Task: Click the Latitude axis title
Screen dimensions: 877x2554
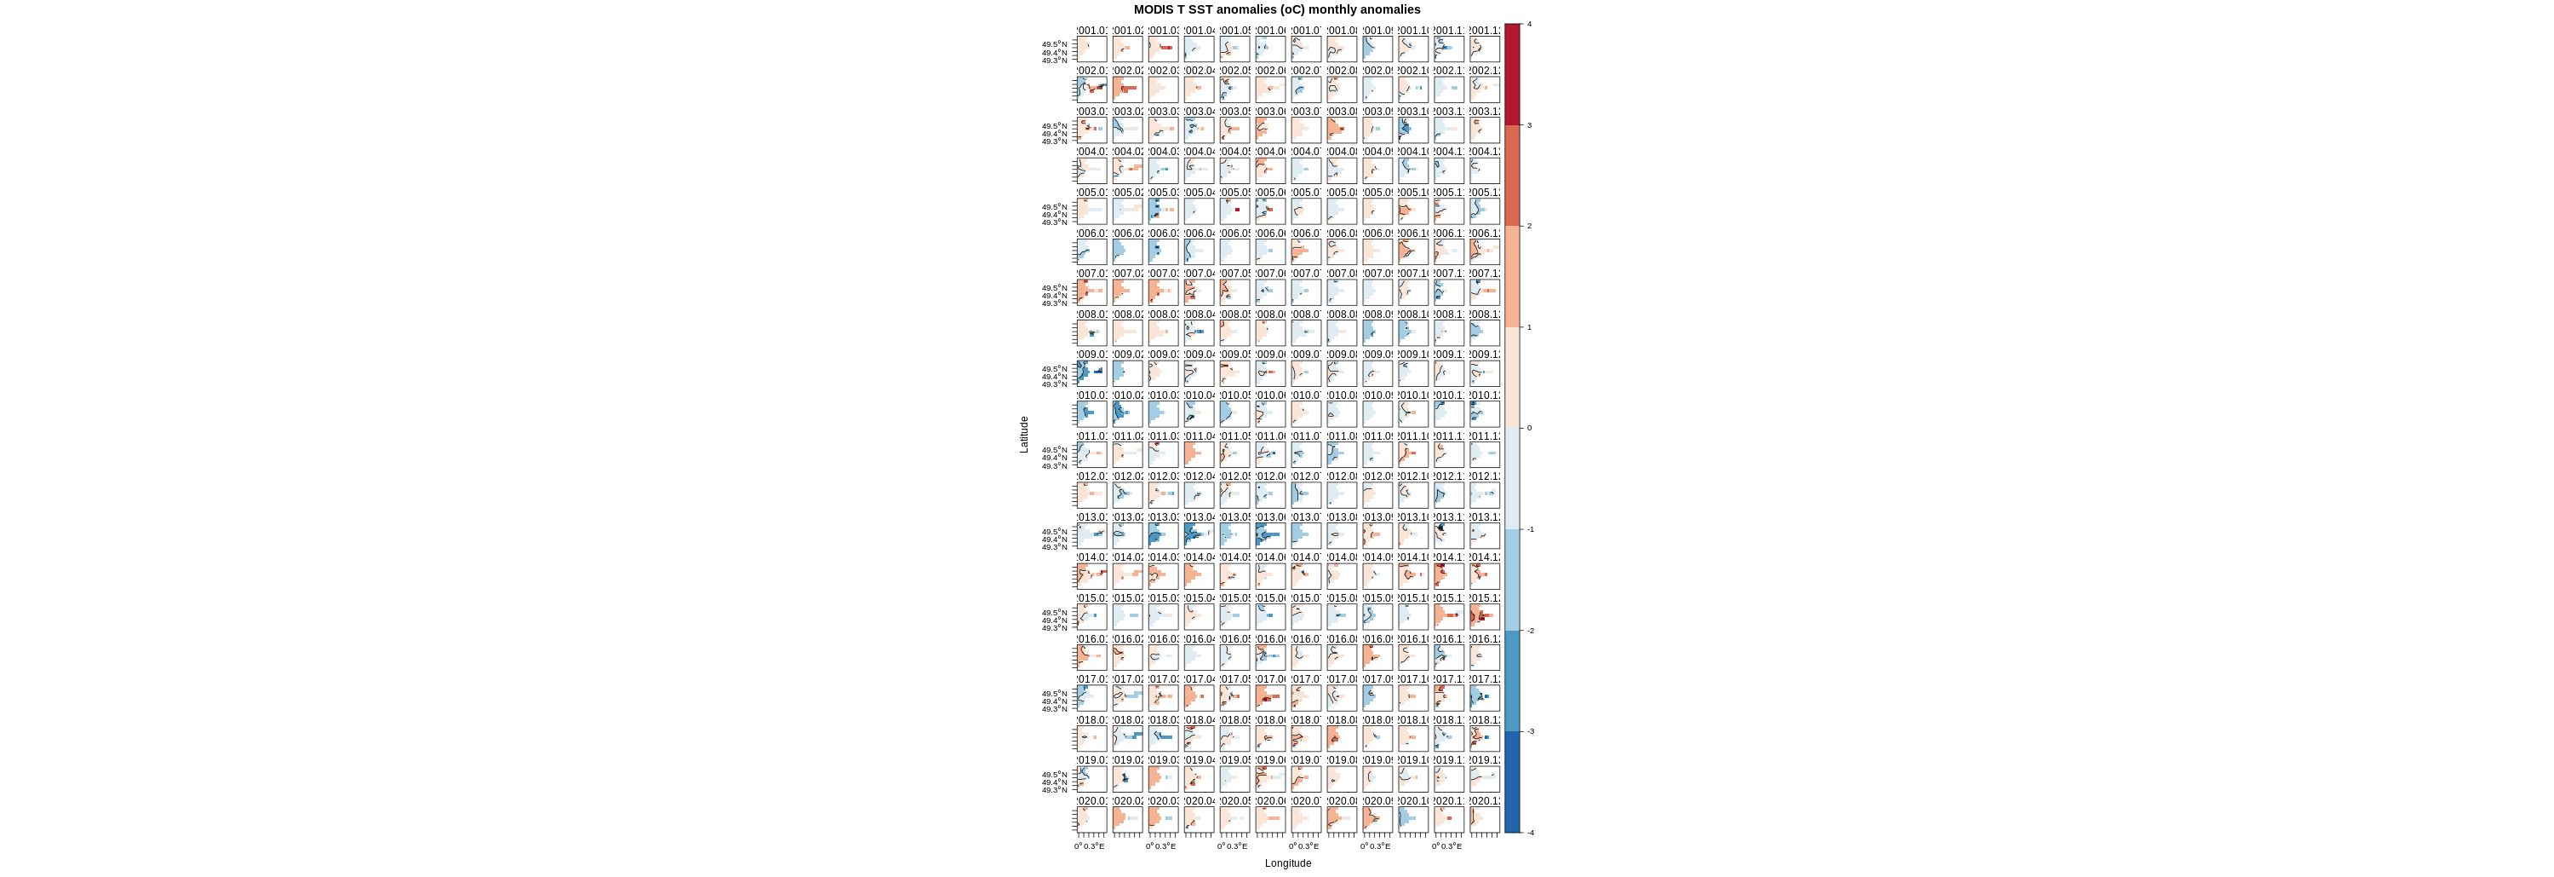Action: coord(1024,435)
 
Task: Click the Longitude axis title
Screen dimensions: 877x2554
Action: coord(1288,863)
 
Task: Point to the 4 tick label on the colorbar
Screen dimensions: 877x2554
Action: coord(1530,24)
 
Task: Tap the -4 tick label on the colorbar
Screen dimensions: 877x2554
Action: coord(1530,833)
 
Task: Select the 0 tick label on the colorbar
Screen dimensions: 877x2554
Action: coord(1529,429)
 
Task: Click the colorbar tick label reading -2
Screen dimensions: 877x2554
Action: coord(1530,631)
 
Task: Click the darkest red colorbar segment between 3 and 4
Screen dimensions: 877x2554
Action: coord(1512,74)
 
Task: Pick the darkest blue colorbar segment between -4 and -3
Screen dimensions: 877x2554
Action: coord(1512,782)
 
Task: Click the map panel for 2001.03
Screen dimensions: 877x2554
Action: coord(1164,49)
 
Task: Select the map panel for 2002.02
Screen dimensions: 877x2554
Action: coord(1128,89)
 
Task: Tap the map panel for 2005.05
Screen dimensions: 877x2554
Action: coord(1235,211)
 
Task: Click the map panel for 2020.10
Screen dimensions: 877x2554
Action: coord(1414,818)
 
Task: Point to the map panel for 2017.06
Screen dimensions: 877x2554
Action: coord(1271,697)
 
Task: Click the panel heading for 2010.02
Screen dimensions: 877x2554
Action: coord(1128,395)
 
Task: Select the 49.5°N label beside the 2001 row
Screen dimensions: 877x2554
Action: coord(1054,43)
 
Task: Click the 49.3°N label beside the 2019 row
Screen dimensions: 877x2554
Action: coord(1054,790)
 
